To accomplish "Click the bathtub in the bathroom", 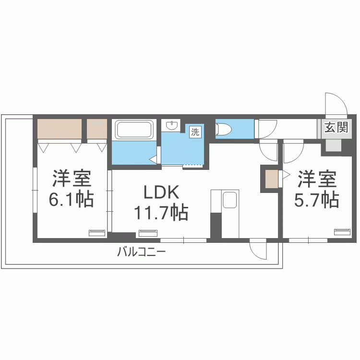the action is click(134, 129).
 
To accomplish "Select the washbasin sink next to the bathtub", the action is click(171, 125).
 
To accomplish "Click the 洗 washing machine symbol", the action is click(195, 132).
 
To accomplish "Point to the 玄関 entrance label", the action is click(336, 127).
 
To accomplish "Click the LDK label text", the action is click(161, 192).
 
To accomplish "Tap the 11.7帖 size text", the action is click(161, 212).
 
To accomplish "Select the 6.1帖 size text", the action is click(72, 199).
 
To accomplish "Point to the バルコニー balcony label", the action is click(142, 252).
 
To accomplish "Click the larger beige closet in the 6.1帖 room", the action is click(60, 129).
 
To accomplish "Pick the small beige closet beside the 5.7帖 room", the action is click(272, 179).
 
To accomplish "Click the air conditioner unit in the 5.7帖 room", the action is click(342, 232).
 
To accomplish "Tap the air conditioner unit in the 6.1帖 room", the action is click(97, 233).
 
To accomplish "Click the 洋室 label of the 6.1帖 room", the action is click(72, 179).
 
